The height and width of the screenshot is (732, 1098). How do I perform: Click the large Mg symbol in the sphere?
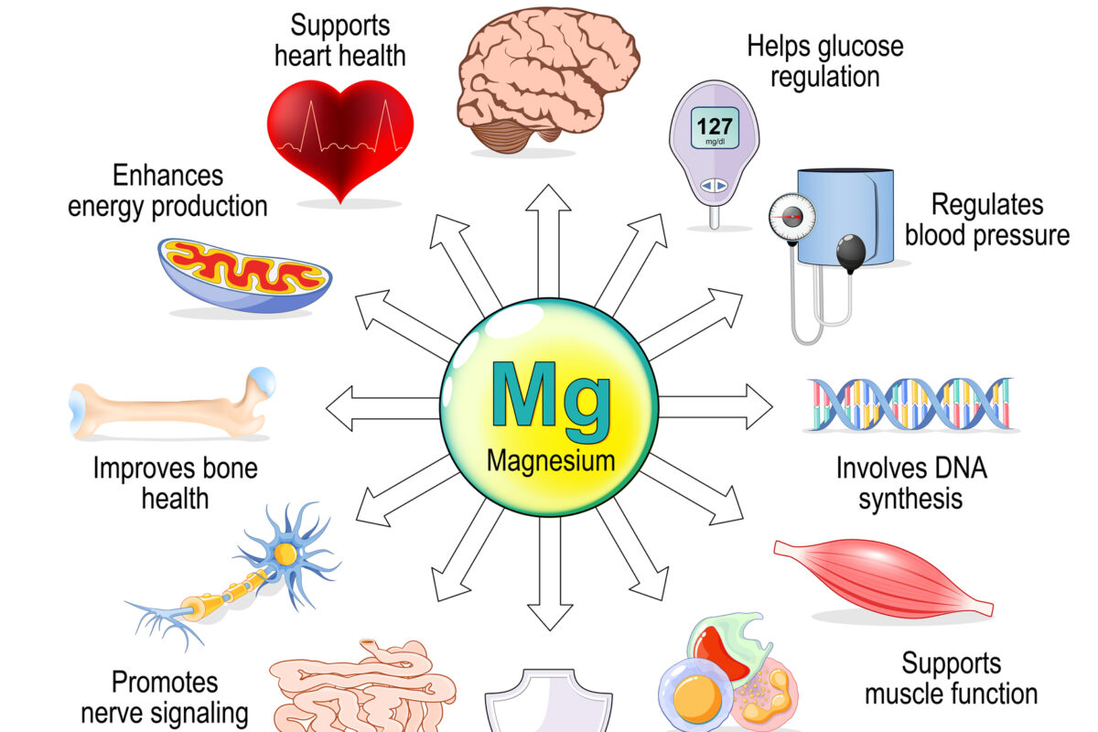point(550,395)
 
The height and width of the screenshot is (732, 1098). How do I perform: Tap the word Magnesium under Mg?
point(550,460)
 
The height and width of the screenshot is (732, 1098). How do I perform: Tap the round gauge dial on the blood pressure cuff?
point(791,218)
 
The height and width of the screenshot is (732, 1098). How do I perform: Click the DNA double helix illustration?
point(910,404)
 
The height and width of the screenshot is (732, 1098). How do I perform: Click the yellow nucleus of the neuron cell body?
point(285,554)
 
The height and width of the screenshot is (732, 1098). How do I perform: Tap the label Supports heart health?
point(339,39)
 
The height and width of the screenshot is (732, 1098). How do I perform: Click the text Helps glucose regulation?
point(824,60)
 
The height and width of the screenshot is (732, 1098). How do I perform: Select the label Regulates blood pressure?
point(986,219)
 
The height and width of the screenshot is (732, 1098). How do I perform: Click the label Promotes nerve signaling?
point(165,696)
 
